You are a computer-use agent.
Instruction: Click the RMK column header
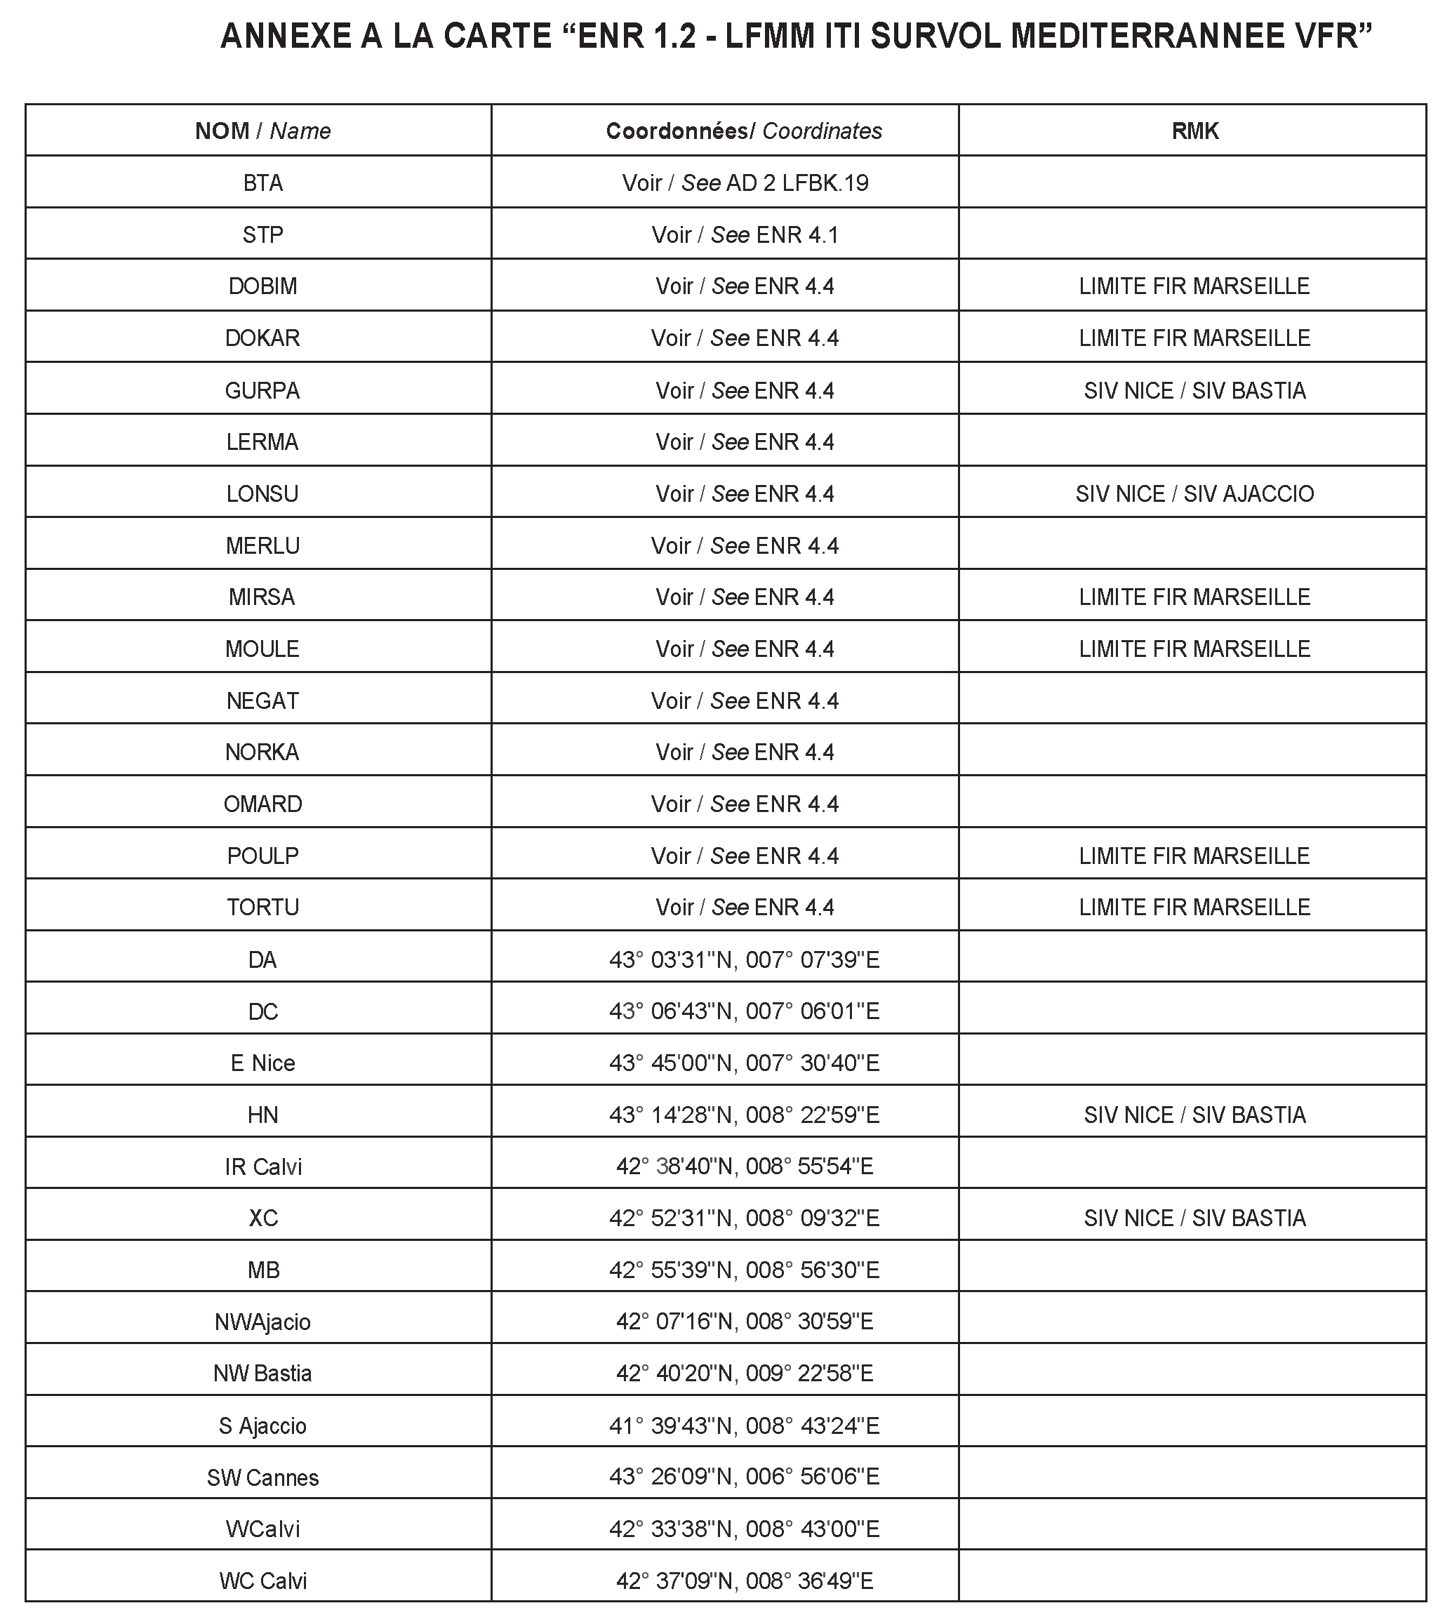tap(1194, 131)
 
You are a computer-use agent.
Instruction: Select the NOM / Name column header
tap(262, 131)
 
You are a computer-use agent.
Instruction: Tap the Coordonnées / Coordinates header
tap(744, 131)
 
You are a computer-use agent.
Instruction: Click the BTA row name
tap(262, 183)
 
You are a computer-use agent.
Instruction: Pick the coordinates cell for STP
tap(744, 235)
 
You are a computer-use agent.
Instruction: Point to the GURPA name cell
tap(262, 391)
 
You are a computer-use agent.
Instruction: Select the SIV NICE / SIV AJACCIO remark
tap(1194, 494)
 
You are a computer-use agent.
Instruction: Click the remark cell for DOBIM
tap(1194, 286)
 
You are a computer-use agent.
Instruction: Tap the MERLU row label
tap(262, 546)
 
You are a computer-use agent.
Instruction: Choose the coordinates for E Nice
tap(744, 1063)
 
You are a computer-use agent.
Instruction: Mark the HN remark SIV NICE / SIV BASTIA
tap(1194, 1115)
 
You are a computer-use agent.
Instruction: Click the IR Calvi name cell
tap(262, 1166)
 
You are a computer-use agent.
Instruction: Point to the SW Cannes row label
tap(262, 1477)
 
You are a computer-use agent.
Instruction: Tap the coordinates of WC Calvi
tap(744, 1581)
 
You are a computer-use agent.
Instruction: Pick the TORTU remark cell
tap(1194, 908)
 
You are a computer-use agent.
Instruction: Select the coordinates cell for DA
tap(744, 960)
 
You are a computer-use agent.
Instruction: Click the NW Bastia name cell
tap(262, 1374)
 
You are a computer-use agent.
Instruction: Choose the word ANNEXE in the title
tap(284, 37)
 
